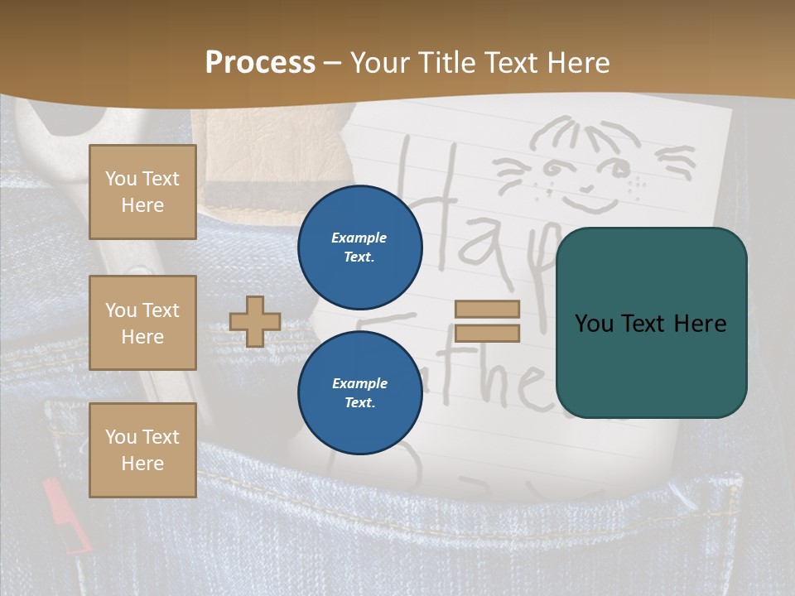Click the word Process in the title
pos(260,63)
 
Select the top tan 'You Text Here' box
pos(142,192)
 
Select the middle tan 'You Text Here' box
pos(142,323)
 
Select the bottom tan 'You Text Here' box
pos(142,450)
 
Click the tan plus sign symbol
pos(255,321)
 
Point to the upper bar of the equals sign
pos(487,310)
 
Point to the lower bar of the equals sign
pos(487,334)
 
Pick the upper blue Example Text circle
pos(359,248)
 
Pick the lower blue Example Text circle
pos(359,393)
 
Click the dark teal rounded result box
pos(651,323)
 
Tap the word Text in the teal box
pos(651,324)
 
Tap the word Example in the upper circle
pos(359,238)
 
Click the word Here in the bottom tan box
pos(142,464)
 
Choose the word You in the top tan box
pos(121,179)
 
